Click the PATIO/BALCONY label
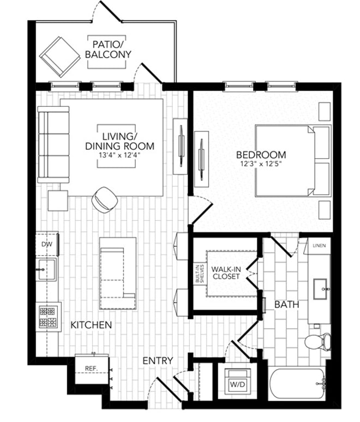[x=108, y=49]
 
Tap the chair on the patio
[x=59, y=56]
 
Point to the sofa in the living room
[x=53, y=144]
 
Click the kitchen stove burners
[x=47, y=317]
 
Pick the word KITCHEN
[x=91, y=325]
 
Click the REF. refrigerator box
[x=91, y=369]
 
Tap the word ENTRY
[x=158, y=361]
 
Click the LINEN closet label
[x=319, y=246]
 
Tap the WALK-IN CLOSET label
[x=226, y=273]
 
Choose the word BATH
[x=286, y=305]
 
